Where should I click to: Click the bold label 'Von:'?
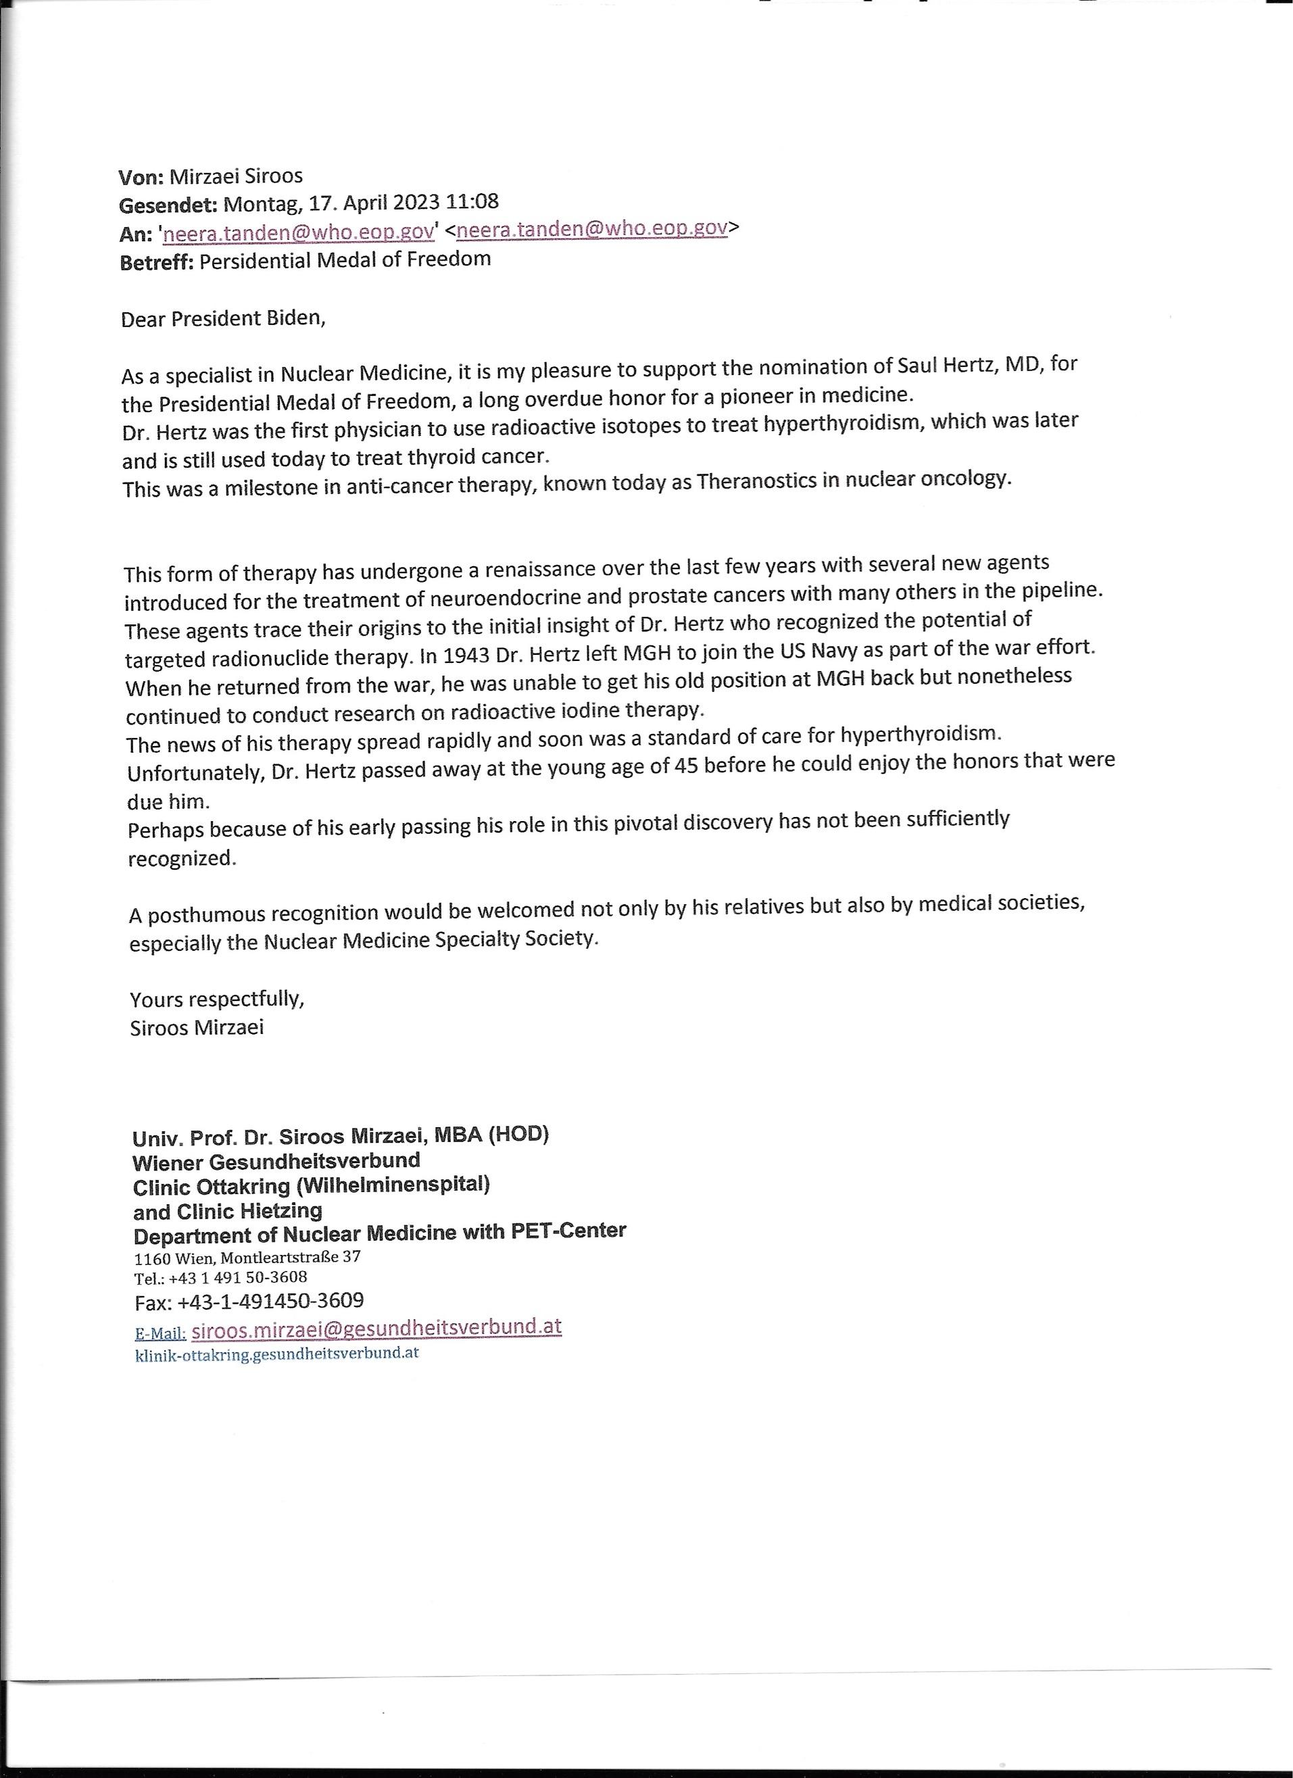(x=141, y=176)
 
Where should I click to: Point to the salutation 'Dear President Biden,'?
(x=222, y=319)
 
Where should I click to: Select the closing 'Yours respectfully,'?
(x=217, y=999)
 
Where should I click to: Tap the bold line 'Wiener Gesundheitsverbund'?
(x=276, y=1160)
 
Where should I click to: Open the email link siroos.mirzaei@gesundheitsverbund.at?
(x=376, y=1327)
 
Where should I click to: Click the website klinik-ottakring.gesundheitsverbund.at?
(x=277, y=1353)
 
